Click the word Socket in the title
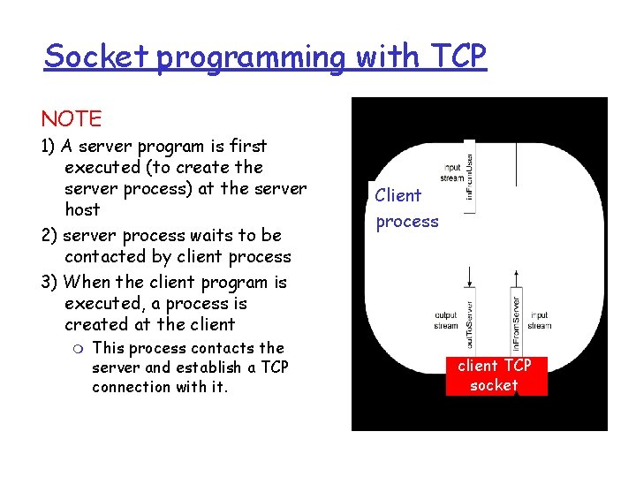tap(98, 57)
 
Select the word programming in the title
tap(254, 58)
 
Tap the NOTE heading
tap(71, 118)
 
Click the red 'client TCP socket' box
tap(495, 375)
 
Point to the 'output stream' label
tap(446, 320)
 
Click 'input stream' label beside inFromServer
tap(540, 320)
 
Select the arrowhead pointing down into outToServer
tap(470, 283)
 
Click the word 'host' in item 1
tap(82, 210)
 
